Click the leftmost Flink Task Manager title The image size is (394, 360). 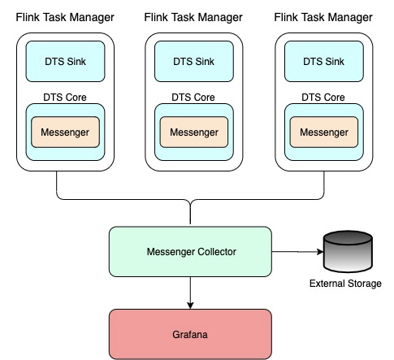[x=65, y=18]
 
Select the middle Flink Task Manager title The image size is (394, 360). [x=193, y=18]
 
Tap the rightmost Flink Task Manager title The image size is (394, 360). [x=323, y=18]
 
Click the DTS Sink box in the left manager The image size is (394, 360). [x=65, y=62]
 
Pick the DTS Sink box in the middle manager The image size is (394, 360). [x=194, y=62]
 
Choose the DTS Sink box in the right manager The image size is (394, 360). [x=324, y=62]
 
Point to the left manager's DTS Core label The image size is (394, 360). [x=65, y=98]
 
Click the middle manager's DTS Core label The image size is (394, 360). [x=193, y=98]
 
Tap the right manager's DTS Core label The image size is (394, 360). [x=323, y=98]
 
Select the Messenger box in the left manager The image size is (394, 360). [x=65, y=132]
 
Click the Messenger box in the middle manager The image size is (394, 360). [x=194, y=132]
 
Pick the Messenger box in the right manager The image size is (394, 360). [x=324, y=132]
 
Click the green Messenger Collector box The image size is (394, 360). [x=190, y=252]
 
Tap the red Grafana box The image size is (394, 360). [x=190, y=334]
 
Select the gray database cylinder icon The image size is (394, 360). [x=348, y=251]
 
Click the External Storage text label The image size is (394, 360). [x=345, y=284]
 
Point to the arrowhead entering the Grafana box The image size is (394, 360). [x=190, y=306]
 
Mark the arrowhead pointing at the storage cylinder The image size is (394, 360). [x=320, y=252]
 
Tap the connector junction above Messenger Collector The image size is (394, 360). [x=190, y=201]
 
